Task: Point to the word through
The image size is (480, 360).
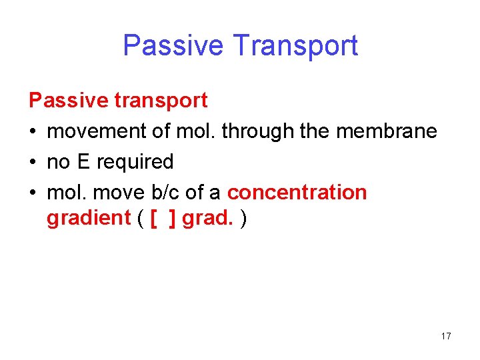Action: (x=258, y=131)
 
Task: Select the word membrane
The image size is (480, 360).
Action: (x=387, y=131)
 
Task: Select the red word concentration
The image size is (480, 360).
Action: (x=297, y=193)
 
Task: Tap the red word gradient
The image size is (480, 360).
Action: (x=89, y=218)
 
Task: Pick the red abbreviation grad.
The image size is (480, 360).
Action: (x=208, y=218)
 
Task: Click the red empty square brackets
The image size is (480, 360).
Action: (x=163, y=219)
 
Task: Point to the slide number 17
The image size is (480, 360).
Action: (x=446, y=336)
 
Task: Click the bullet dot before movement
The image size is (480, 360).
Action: (x=33, y=132)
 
